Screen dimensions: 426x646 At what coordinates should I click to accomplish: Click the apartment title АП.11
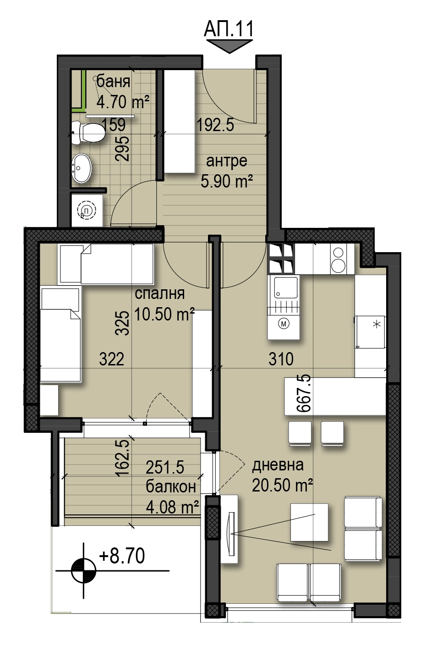click(x=229, y=29)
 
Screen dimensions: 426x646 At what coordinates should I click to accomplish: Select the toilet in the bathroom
click(x=88, y=133)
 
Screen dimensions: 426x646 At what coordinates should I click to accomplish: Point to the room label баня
click(x=113, y=82)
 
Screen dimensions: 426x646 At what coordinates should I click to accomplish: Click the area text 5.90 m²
click(x=227, y=182)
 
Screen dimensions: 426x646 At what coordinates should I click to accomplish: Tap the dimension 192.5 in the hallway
click(x=215, y=125)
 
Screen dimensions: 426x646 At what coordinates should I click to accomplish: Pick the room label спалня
click(x=160, y=293)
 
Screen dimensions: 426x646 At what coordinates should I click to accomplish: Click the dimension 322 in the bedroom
click(x=112, y=359)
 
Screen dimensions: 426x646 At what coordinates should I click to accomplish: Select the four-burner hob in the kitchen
click(x=281, y=259)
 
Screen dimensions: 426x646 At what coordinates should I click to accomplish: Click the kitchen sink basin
click(x=286, y=287)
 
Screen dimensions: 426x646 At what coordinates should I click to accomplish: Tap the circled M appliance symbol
click(x=284, y=324)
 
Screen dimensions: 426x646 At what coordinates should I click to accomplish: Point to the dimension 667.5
click(x=304, y=393)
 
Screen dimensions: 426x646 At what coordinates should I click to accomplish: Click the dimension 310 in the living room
click(x=281, y=359)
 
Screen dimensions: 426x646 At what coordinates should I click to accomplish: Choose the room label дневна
click(x=278, y=465)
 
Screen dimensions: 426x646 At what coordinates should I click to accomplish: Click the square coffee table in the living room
click(x=309, y=522)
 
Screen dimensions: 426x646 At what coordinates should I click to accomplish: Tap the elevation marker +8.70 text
click(x=122, y=556)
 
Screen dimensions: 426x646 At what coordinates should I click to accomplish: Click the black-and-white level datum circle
click(x=83, y=571)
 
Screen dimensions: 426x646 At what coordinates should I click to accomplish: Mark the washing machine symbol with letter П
click(x=87, y=211)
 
